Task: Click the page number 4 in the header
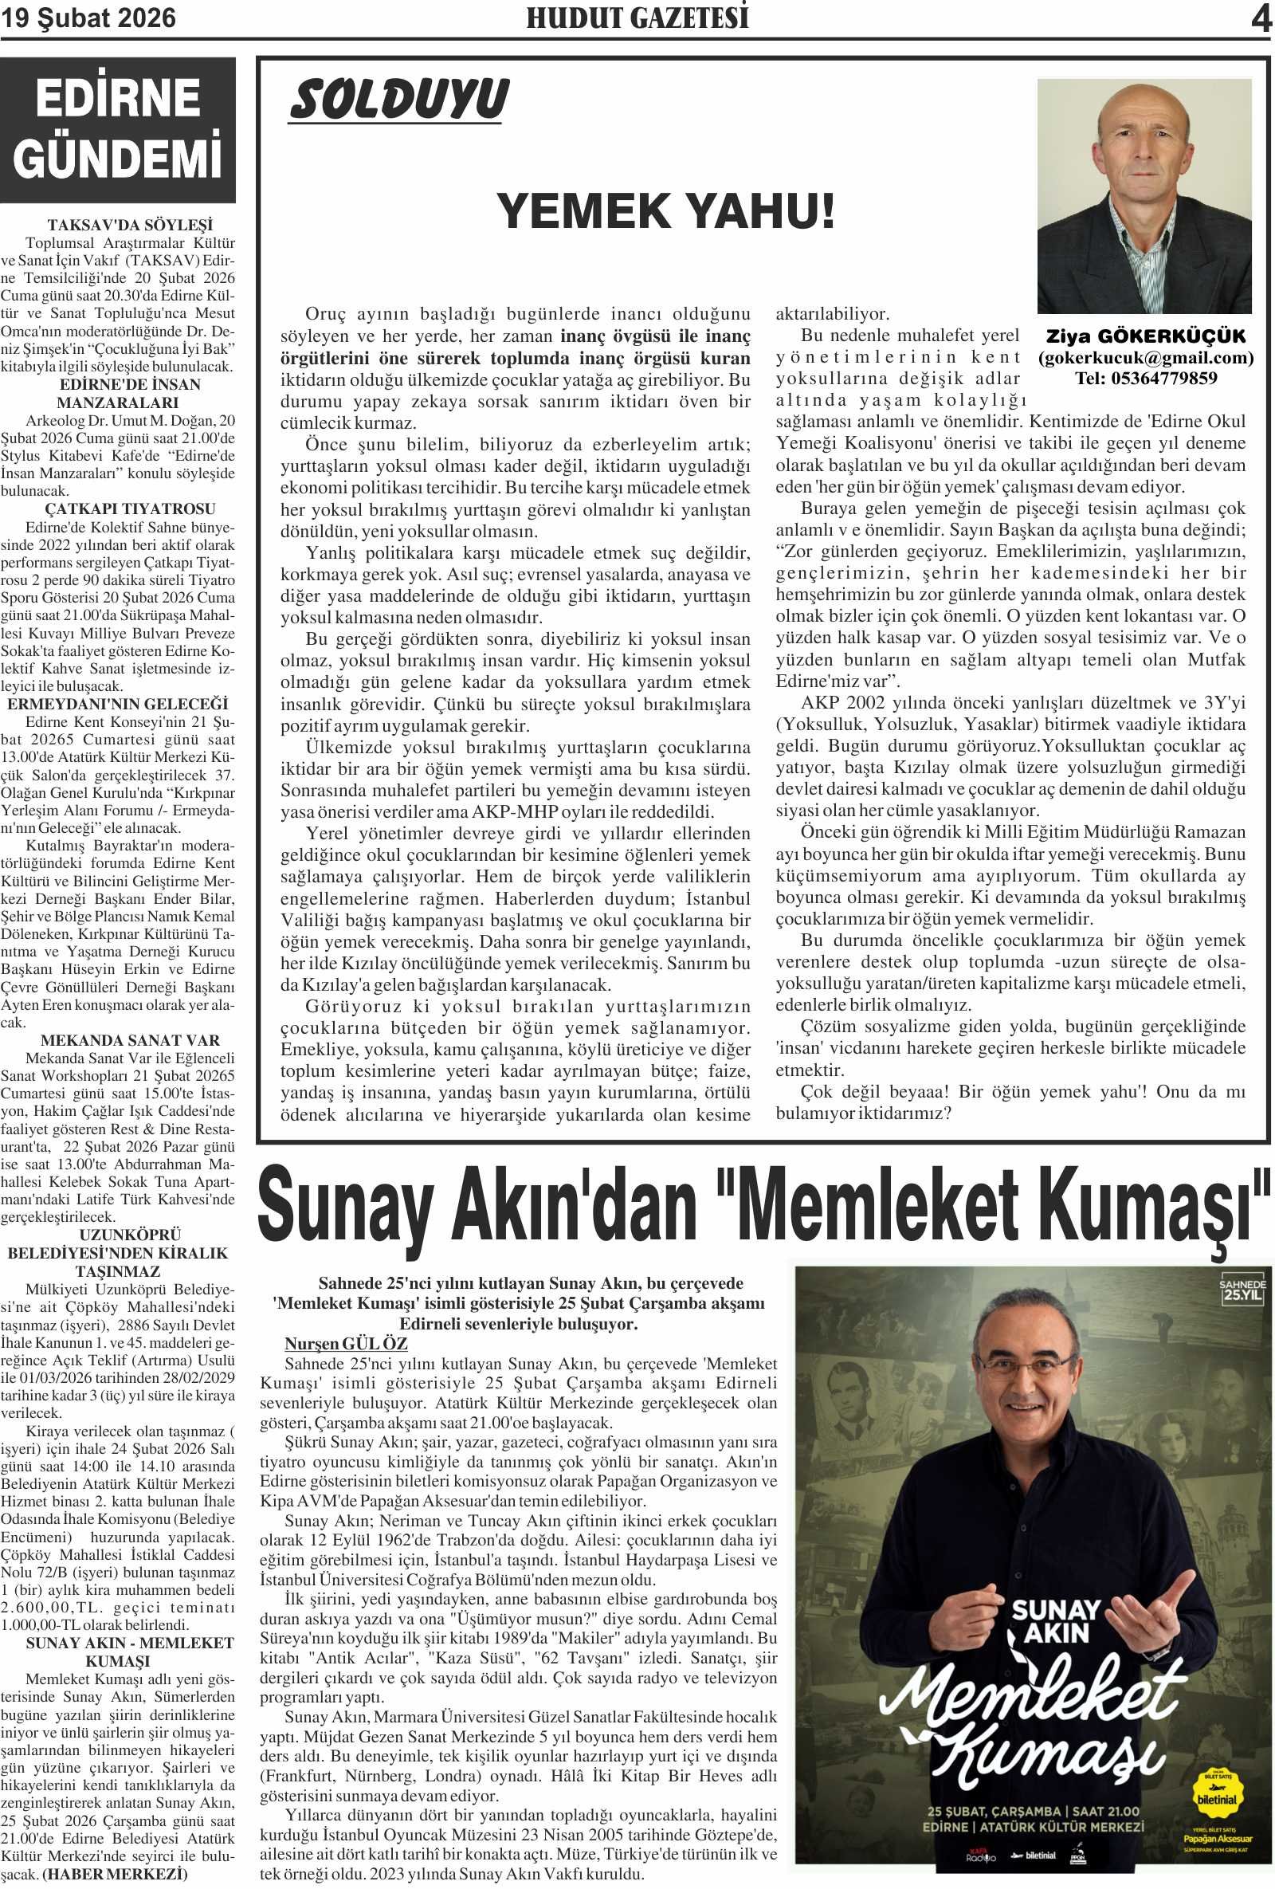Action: point(1261,18)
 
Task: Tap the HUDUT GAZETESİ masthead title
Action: point(637,18)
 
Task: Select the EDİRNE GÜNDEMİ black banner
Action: point(118,129)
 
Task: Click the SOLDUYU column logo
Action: point(398,100)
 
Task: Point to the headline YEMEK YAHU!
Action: point(665,211)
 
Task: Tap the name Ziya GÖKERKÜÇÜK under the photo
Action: point(1145,336)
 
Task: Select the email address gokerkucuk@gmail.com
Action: point(1146,358)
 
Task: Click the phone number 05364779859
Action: point(1146,378)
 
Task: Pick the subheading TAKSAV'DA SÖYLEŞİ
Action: point(130,225)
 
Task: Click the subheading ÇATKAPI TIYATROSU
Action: point(130,509)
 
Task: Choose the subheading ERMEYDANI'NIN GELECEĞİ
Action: point(118,704)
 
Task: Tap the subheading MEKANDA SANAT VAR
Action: point(130,1040)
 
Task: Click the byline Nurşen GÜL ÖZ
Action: point(345,1344)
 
